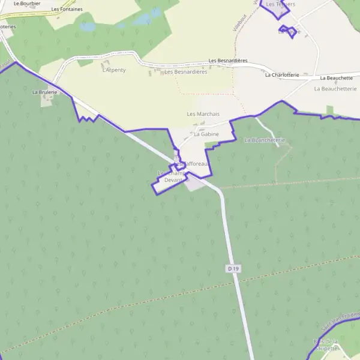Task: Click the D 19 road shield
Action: coord(233,269)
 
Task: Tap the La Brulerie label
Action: coord(44,92)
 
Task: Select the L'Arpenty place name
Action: coord(114,70)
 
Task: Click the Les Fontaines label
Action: coord(67,10)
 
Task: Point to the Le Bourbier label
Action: coord(27,3)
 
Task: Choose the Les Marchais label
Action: coord(203,114)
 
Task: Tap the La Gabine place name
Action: coord(206,134)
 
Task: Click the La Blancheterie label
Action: coord(265,140)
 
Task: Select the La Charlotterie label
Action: coord(282,75)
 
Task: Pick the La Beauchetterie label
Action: coord(335,89)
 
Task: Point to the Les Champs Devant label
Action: coord(169,176)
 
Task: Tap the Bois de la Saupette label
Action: coord(326,345)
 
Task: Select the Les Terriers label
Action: coord(281,4)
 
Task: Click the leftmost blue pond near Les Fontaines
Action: coord(88,27)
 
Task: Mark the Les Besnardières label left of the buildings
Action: coord(186,72)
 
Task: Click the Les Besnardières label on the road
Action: coord(228,61)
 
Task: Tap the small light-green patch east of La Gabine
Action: coord(329,110)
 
